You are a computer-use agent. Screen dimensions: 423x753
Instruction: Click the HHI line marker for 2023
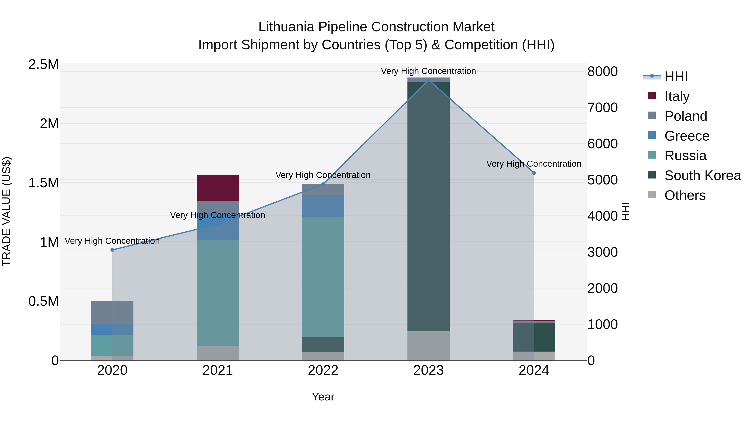(x=429, y=80)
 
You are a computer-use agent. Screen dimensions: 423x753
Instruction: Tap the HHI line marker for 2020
(x=112, y=250)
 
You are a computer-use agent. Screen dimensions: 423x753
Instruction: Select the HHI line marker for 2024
(x=534, y=173)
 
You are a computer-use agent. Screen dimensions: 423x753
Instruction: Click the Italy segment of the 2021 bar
(x=218, y=188)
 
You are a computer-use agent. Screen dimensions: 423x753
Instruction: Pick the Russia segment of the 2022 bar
(x=323, y=277)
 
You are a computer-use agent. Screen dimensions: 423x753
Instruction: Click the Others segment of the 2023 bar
(x=429, y=346)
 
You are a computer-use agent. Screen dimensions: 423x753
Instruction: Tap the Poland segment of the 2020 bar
(x=112, y=312)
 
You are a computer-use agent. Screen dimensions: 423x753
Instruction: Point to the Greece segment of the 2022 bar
(x=323, y=206)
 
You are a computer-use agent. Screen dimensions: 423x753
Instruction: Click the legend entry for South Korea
(x=702, y=175)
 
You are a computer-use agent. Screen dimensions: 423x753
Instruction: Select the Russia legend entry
(x=685, y=156)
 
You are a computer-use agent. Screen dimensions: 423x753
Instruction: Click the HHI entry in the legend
(x=676, y=76)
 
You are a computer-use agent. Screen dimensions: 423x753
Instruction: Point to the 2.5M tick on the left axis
(x=44, y=65)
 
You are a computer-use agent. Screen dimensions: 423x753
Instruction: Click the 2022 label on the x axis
(x=323, y=370)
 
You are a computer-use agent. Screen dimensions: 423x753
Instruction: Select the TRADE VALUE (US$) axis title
(x=6, y=211)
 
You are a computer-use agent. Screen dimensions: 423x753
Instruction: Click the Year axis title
(x=323, y=397)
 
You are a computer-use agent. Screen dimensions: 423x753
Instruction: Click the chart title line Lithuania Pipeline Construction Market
(x=376, y=27)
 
